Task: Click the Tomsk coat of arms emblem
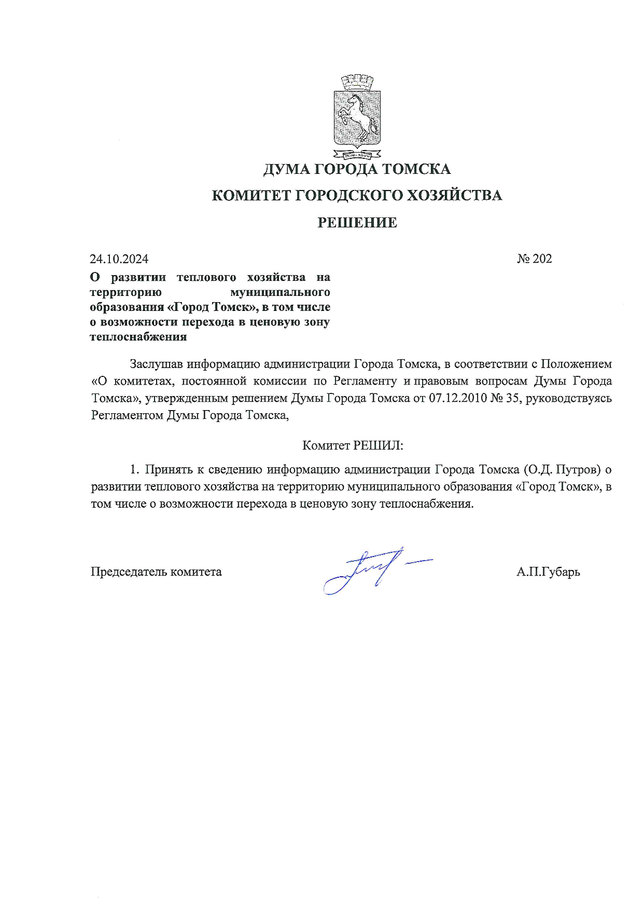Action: coord(357,117)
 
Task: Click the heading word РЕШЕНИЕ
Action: coord(357,223)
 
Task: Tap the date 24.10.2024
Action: coord(119,259)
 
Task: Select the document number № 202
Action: coord(535,259)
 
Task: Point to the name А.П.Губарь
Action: coord(548,572)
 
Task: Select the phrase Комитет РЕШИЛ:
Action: coord(353,445)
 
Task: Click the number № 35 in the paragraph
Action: coord(506,398)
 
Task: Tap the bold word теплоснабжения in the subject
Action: coord(138,337)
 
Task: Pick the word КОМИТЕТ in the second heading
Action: coord(251,196)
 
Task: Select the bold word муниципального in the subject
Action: coord(280,292)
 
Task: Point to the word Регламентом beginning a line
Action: coord(127,415)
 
